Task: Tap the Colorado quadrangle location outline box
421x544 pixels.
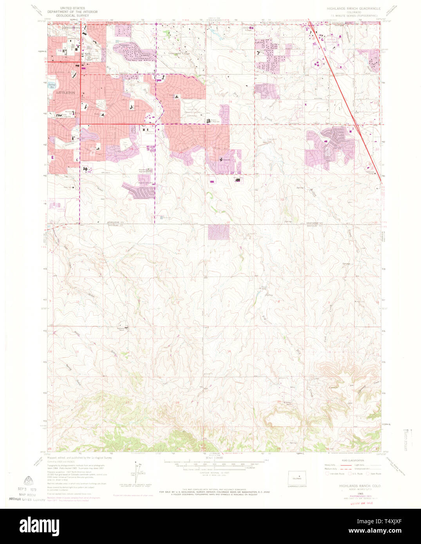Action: (297, 478)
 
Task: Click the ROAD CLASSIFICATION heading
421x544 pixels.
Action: (352, 461)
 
